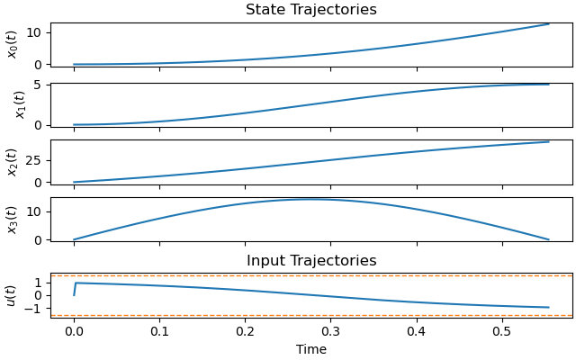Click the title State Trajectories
click(x=311, y=10)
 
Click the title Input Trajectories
click(x=311, y=261)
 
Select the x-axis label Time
click(x=311, y=349)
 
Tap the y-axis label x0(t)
click(x=13, y=44)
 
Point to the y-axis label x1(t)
click(x=19, y=104)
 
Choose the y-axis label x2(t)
click(x=13, y=161)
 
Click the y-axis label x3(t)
click(x=13, y=219)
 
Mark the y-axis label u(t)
click(x=11, y=295)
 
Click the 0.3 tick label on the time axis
click(x=331, y=330)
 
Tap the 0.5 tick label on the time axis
click(x=502, y=330)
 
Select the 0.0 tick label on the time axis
click(x=74, y=330)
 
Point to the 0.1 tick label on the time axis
click(x=159, y=330)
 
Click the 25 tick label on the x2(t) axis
click(x=36, y=162)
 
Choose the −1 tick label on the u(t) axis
click(x=35, y=309)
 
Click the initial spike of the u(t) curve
click(x=76, y=283)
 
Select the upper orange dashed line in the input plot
click(x=311, y=275)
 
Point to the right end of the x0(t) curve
click(x=548, y=24)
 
